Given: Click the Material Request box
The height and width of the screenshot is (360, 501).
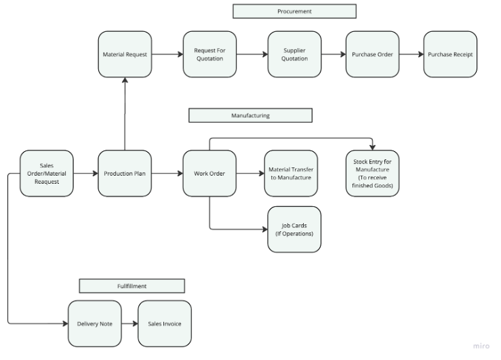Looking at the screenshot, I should (124, 54).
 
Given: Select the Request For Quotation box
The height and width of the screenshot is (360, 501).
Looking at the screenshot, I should (209, 54).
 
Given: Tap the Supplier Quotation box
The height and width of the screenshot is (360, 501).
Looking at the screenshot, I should (294, 54).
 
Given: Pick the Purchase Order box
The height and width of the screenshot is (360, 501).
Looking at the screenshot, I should (372, 54).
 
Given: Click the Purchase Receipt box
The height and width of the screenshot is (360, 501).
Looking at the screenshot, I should (450, 54).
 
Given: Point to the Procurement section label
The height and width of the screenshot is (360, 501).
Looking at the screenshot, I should (294, 12).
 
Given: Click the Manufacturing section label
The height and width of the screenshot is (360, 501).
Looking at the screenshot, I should (250, 116).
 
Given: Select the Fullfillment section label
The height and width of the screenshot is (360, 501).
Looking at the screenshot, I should (132, 286).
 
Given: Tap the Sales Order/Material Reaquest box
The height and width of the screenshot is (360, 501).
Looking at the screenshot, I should (46, 174).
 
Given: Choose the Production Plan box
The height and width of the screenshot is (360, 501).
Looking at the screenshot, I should (124, 174).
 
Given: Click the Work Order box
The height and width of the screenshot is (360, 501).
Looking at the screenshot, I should (209, 174).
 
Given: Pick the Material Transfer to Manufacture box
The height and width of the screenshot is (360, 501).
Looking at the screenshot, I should (290, 174).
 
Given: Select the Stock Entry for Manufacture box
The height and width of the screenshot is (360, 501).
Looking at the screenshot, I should (372, 174).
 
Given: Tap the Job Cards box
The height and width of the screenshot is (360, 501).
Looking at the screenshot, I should (294, 230).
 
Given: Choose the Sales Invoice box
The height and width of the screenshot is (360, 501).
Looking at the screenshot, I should (165, 323).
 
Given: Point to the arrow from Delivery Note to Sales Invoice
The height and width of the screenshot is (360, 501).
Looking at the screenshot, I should (129, 323).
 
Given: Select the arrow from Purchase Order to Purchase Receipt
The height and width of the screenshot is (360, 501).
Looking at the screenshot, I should (411, 54).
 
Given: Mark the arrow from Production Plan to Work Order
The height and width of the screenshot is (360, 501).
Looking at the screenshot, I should (167, 174).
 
